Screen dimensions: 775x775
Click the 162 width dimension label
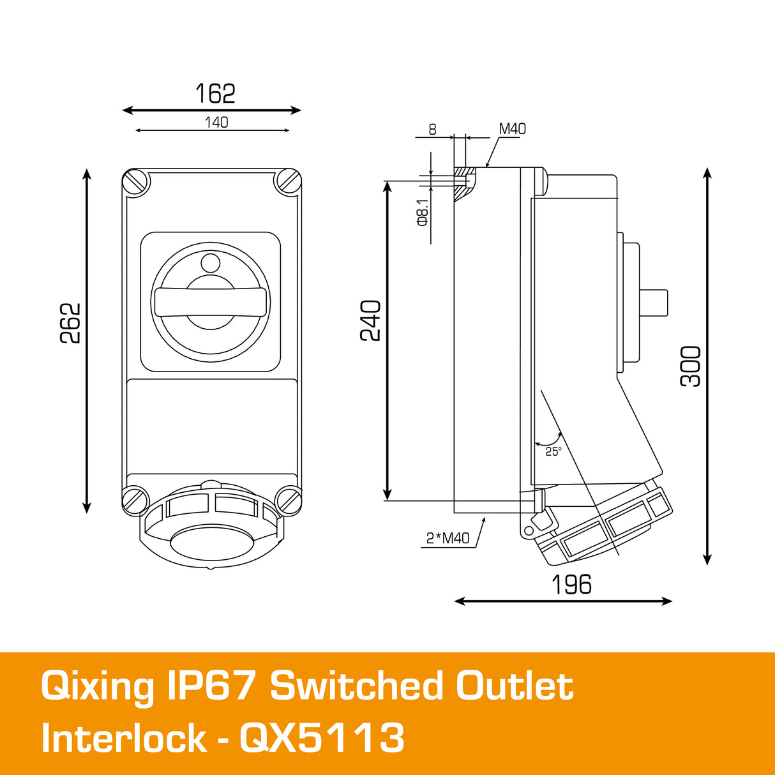tap(215, 94)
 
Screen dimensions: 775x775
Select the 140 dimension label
tap(216, 122)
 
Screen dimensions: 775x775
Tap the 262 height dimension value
tap(71, 323)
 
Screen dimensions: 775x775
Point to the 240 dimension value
tap(371, 320)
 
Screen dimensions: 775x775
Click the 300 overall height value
tap(691, 366)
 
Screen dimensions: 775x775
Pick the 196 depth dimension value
tap(571, 584)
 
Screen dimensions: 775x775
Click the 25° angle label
tap(553, 451)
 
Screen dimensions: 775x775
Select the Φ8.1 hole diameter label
tap(422, 211)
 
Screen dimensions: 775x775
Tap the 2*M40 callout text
tap(448, 538)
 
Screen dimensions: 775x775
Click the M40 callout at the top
tap(512, 129)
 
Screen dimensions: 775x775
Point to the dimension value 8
tap(432, 130)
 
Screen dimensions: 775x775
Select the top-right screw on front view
tap(288, 181)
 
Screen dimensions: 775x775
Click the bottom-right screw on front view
tap(288, 500)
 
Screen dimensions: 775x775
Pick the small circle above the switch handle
tap(210, 262)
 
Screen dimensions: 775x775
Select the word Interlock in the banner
tap(124, 738)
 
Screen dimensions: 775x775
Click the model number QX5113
tap(322, 738)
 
